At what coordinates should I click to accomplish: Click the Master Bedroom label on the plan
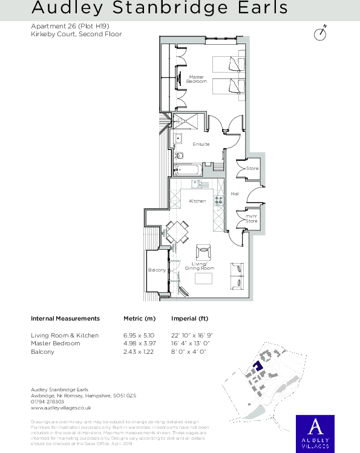click(197, 79)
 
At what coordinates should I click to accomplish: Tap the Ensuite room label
click(201, 144)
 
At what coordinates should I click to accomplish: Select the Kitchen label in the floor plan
click(197, 201)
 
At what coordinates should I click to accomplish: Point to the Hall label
click(235, 194)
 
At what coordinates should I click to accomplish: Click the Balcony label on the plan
click(157, 270)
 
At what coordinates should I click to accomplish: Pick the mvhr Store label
click(250, 219)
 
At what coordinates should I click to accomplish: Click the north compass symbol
click(321, 33)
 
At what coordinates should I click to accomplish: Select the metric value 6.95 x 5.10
click(139, 335)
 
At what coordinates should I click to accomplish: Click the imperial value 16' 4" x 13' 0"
click(192, 344)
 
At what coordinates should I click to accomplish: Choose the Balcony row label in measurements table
click(42, 351)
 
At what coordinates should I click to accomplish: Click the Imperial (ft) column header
click(189, 318)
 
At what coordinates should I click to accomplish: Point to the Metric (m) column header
click(139, 318)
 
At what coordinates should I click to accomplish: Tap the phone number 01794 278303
click(47, 402)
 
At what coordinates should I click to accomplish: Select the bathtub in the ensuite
click(185, 171)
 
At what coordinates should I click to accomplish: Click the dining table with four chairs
click(177, 232)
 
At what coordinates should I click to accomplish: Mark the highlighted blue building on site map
click(257, 366)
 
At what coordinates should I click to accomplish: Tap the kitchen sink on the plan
click(198, 184)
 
